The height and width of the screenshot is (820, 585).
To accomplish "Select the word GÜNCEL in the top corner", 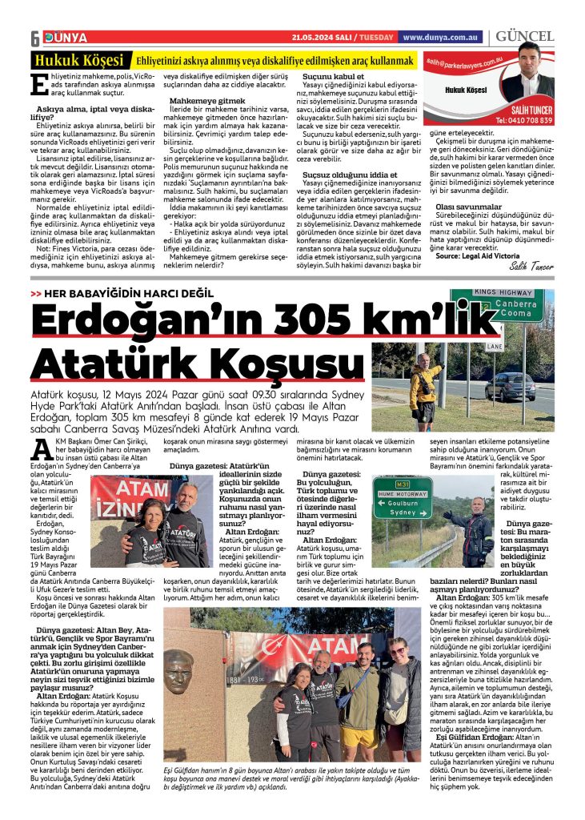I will pyautogui.click(x=525, y=37).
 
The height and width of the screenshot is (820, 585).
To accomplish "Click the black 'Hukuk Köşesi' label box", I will pyautogui.click(x=78, y=61).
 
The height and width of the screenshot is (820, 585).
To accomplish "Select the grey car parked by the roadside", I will pyautogui.click(x=509, y=385).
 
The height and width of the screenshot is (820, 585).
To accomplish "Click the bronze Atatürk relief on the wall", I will pyautogui.click(x=178, y=673).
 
